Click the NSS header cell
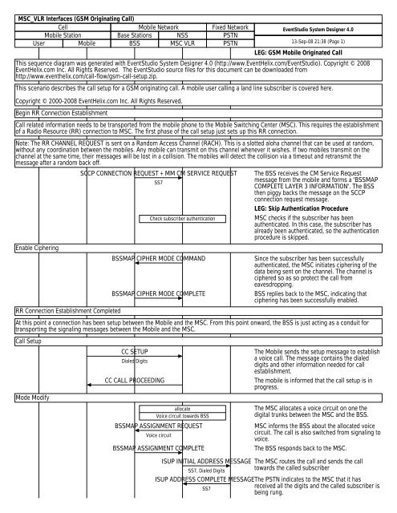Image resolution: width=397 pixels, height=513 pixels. pyautogui.click(x=182, y=35)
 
